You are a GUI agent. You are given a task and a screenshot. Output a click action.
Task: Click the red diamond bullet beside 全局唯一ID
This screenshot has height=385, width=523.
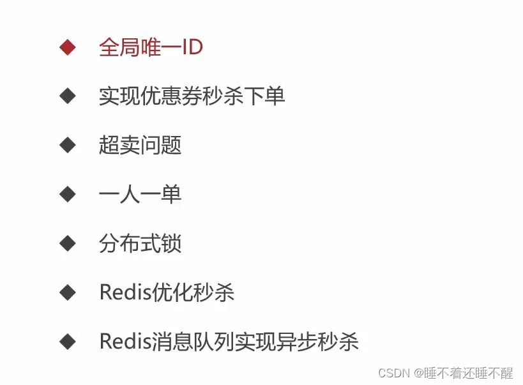point(67,47)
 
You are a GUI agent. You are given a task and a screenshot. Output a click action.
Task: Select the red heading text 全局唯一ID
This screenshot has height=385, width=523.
point(151,47)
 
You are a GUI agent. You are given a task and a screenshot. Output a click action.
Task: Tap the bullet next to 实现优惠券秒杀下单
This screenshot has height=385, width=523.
point(67,96)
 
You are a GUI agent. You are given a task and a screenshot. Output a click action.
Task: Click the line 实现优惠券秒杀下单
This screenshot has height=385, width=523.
point(192,96)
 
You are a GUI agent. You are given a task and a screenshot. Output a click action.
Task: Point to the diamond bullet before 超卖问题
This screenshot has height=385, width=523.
point(67,145)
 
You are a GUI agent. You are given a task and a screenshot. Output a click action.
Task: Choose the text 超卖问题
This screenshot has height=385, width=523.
point(140,145)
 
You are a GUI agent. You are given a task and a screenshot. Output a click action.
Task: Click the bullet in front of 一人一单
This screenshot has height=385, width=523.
point(67,194)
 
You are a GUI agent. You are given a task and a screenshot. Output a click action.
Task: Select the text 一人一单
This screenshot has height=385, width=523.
point(140,194)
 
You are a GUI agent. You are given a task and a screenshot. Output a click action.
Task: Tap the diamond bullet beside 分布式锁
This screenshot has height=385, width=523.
point(67,243)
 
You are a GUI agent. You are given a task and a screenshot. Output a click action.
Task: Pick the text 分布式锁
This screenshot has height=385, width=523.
point(140,243)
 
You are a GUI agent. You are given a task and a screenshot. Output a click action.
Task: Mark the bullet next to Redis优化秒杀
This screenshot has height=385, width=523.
point(67,292)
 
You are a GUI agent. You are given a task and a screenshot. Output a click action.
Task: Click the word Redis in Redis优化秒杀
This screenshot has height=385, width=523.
point(125,292)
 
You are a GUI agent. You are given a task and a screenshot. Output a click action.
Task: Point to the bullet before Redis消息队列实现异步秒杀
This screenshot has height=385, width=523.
point(67,342)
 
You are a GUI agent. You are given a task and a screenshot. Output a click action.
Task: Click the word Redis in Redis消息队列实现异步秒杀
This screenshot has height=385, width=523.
point(125,342)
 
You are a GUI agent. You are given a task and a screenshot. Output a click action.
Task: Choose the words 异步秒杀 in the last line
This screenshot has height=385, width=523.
point(317,342)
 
